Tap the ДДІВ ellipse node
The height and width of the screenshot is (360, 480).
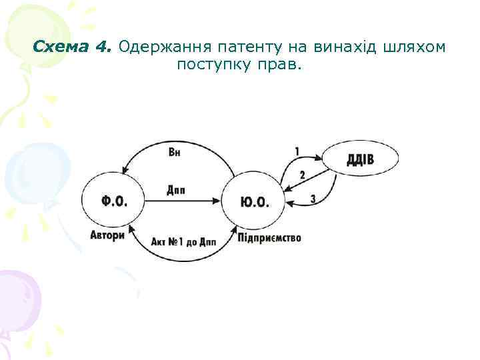pos(361,159)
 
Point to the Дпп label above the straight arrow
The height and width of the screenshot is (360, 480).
pos(176,191)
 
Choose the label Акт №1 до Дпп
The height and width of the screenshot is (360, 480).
pos(183,242)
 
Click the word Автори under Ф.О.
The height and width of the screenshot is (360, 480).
pos(107,235)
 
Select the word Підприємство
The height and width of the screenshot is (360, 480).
pos(269,237)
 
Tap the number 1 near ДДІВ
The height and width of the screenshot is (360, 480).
pos(297,151)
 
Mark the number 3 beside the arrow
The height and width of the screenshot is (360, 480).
pos(313,199)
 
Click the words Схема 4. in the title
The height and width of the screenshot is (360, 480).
pos(74,47)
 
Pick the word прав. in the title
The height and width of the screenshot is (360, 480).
pos(283,65)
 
